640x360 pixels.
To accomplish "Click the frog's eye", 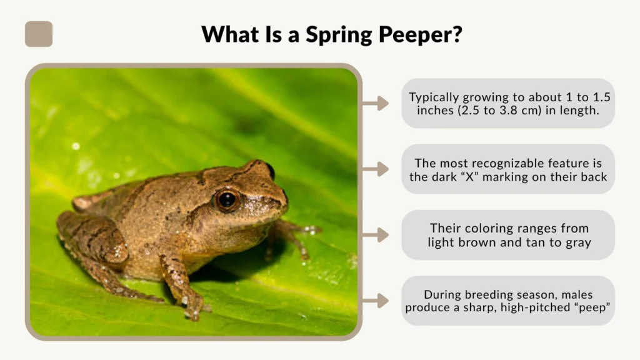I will click(x=226, y=199).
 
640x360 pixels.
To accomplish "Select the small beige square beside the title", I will click(x=39, y=34).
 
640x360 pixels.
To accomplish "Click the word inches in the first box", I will click(x=436, y=111).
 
